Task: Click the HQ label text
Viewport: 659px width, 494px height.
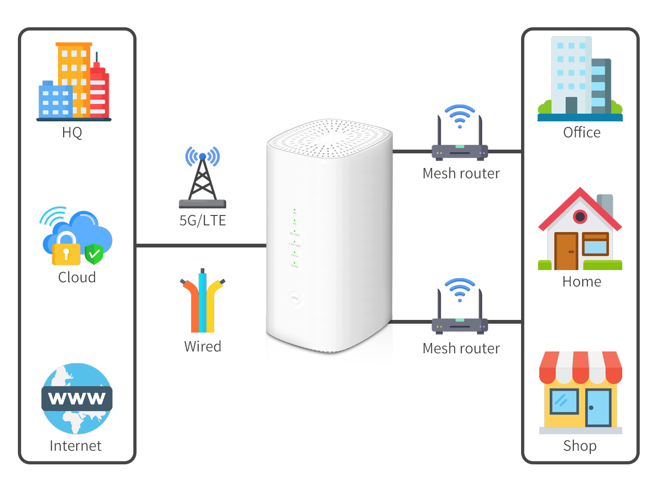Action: pyautogui.click(x=72, y=133)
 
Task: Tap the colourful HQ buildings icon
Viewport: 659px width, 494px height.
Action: pyautogui.click(x=73, y=82)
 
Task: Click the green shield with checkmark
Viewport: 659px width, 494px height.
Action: pyautogui.click(x=94, y=254)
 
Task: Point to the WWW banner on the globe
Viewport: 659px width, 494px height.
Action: pyautogui.click(x=77, y=398)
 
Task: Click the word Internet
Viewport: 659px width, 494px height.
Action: pyautogui.click(x=75, y=446)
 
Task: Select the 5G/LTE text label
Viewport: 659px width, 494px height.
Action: pyautogui.click(x=202, y=220)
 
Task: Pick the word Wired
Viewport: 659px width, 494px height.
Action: pyautogui.click(x=202, y=346)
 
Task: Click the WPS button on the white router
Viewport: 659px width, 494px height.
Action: pyautogui.click(x=295, y=298)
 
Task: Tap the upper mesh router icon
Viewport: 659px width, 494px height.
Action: pyautogui.click(x=459, y=134)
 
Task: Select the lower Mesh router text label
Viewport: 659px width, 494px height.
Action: pyautogui.click(x=461, y=348)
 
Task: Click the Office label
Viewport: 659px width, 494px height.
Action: pyautogui.click(x=582, y=132)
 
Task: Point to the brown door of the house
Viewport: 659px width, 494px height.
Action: pyautogui.click(x=566, y=251)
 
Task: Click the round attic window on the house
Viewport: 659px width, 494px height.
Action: pyautogui.click(x=580, y=217)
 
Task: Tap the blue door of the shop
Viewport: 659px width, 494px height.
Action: pyautogui.click(x=598, y=407)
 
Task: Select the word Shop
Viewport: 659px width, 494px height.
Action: pyautogui.click(x=580, y=446)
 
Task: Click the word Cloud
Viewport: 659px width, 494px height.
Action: pyautogui.click(x=77, y=277)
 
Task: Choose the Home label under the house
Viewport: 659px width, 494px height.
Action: pyautogui.click(x=582, y=281)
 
